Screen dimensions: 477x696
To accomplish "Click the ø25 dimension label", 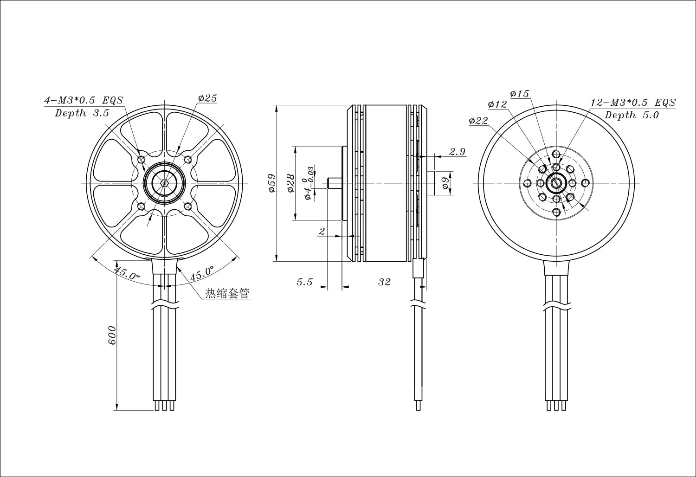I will pyautogui.click(x=207, y=98).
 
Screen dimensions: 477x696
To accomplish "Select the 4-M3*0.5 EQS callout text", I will pyautogui.click(x=83, y=100).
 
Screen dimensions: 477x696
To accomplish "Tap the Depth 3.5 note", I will pyautogui.click(x=82, y=113).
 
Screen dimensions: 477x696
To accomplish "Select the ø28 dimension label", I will pyautogui.click(x=290, y=183).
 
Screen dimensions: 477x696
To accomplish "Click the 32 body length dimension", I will pyautogui.click(x=384, y=282).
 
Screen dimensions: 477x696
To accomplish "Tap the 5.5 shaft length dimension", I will pyautogui.click(x=304, y=282).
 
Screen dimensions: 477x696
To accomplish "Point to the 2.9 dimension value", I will pyautogui.click(x=457, y=151).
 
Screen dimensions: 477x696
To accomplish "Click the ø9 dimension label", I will pyautogui.click(x=445, y=183).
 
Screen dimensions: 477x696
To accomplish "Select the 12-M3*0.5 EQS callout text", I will pyautogui.click(x=633, y=103).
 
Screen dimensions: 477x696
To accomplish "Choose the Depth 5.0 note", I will pyautogui.click(x=632, y=116).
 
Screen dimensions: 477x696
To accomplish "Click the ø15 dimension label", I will pyautogui.click(x=519, y=94).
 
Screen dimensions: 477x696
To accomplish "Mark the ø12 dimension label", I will pyautogui.click(x=497, y=104).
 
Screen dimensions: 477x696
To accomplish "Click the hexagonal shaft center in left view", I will pyautogui.click(x=165, y=183).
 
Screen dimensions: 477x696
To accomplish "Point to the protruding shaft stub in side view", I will pyautogui.click(x=334, y=183).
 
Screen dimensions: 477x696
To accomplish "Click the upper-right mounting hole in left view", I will pyautogui.click(x=188, y=160).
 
